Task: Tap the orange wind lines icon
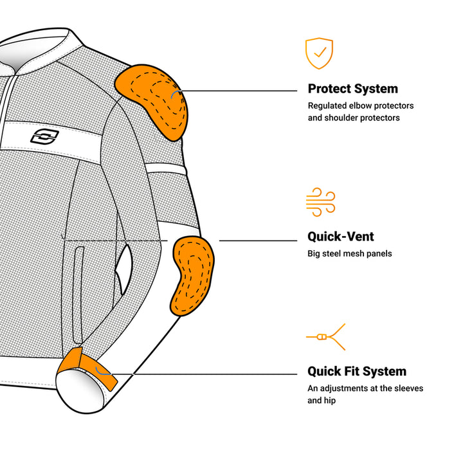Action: (x=320, y=201)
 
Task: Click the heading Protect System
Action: (x=352, y=89)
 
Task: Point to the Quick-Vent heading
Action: (x=341, y=237)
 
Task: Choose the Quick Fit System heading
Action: (x=356, y=371)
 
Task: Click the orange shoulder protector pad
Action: (x=152, y=100)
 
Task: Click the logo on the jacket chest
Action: (x=44, y=136)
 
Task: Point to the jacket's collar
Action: (x=45, y=48)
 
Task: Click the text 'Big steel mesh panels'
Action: (x=349, y=253)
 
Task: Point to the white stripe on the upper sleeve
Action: (x=167, y=170)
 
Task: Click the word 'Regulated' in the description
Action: (x=327, y=105)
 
